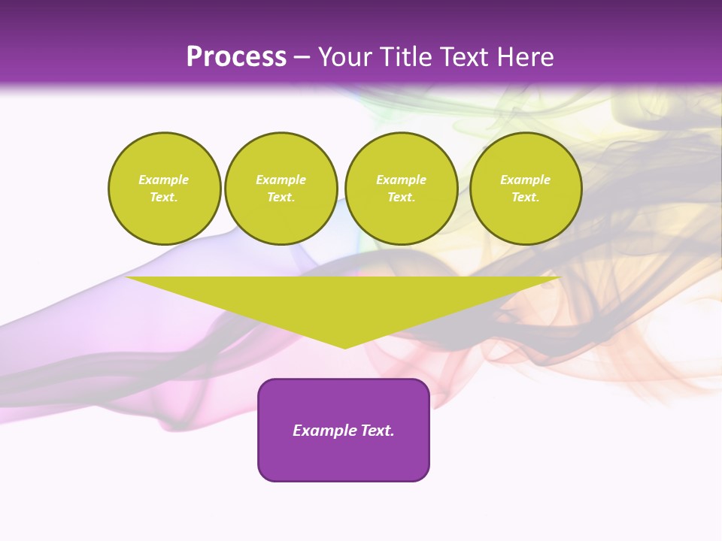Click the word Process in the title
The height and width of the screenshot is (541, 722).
[x=236, y=57]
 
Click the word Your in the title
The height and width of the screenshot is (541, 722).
[x=343, y=57]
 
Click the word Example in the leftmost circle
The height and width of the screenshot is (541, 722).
[x=164, y=180]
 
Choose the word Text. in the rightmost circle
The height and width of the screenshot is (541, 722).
[x=526, y=197]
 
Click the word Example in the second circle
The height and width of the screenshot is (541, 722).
[x=281, y=180]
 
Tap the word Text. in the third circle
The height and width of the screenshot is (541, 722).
[x=402, y=197]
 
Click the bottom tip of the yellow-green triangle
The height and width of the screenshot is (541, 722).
[x=344, y=346]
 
